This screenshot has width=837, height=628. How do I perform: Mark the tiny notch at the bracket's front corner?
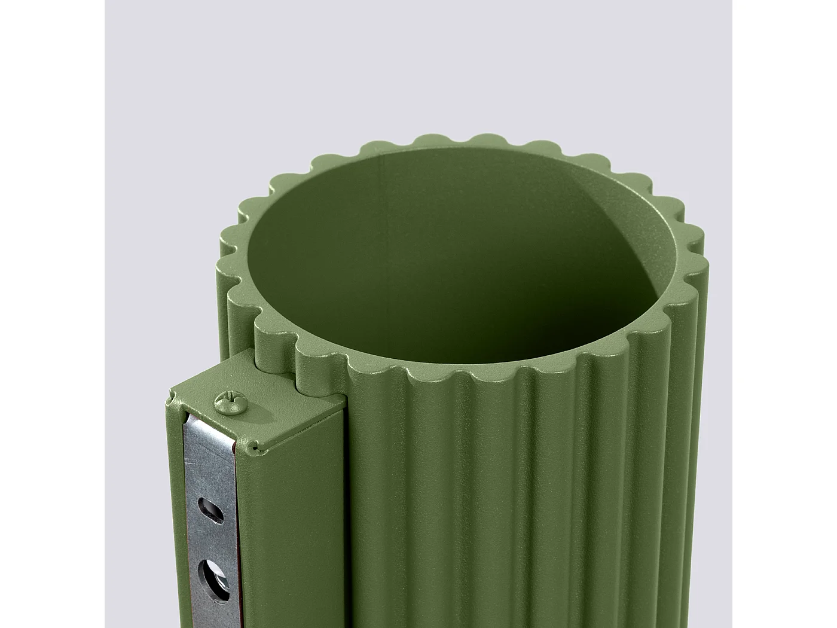(256, 446)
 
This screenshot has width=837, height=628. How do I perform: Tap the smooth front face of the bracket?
(293, 526)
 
